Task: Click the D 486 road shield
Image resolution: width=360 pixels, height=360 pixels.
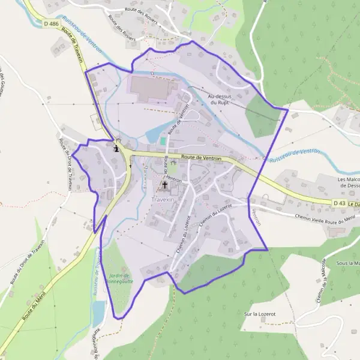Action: [51, 23]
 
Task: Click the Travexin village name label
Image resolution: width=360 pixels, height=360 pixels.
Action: [164, 198]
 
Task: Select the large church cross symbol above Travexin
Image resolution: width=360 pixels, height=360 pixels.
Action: [164, 186]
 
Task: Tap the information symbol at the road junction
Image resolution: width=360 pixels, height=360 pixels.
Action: [116, 148]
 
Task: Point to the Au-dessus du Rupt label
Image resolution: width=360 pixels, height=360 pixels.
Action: [219, 99]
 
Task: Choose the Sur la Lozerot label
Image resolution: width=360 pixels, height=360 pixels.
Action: [260, 314]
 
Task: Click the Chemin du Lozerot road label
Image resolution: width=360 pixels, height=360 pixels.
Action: [183, 235]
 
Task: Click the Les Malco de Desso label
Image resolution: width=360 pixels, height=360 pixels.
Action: [348, 182]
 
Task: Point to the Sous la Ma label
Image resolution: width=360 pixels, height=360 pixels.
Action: [347, 263]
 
